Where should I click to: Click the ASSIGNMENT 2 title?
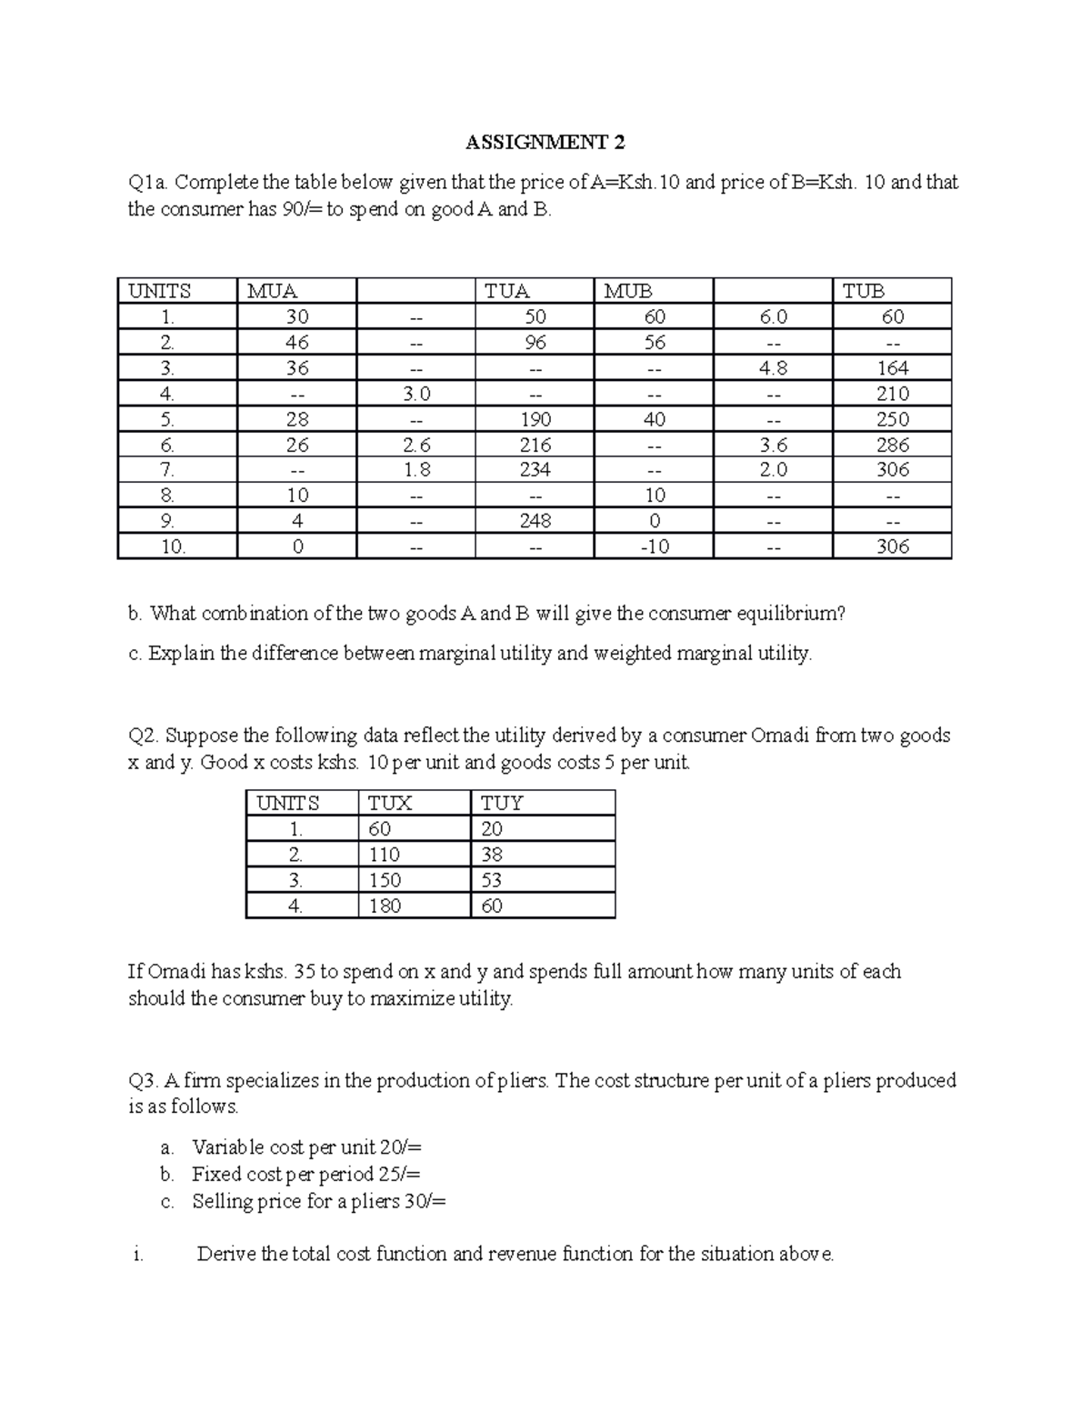tap(545, 143)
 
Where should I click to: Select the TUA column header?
tap(507, 291)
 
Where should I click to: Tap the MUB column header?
tap(628, 291)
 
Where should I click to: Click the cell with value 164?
tap(892, 368)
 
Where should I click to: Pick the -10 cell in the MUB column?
tap(654, 546)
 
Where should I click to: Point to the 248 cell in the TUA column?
tap(535, 521)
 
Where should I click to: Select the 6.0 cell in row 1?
tap(773, 316)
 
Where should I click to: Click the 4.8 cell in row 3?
tap(773, 368)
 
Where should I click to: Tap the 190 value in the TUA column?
tap(535, 419)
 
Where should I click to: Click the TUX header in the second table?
tap(389, 804)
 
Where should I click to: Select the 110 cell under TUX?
tap(385, 855)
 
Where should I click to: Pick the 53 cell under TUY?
tap(492, 880)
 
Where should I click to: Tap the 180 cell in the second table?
tap(385, 906)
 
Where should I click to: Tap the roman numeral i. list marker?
tap(137, 1255)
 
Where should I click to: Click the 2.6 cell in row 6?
tap(415, 445)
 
